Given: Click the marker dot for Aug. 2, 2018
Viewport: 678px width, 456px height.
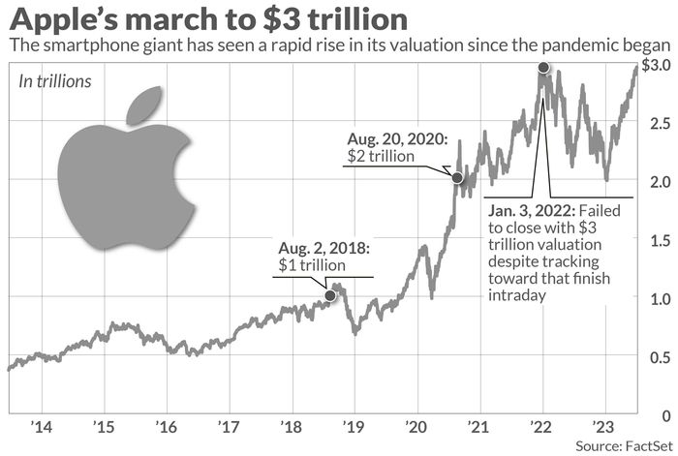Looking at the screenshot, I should tap(331, 295).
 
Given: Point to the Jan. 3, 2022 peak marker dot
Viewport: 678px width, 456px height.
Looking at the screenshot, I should tap(543, 69).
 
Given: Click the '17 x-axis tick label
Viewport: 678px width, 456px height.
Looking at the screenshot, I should tap(228, 427).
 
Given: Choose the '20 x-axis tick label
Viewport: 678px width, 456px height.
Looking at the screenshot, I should tap(416, 427).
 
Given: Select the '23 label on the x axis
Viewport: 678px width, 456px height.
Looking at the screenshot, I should tap(603, 427).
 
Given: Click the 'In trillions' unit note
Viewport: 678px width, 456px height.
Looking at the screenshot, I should tap(55, 82).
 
